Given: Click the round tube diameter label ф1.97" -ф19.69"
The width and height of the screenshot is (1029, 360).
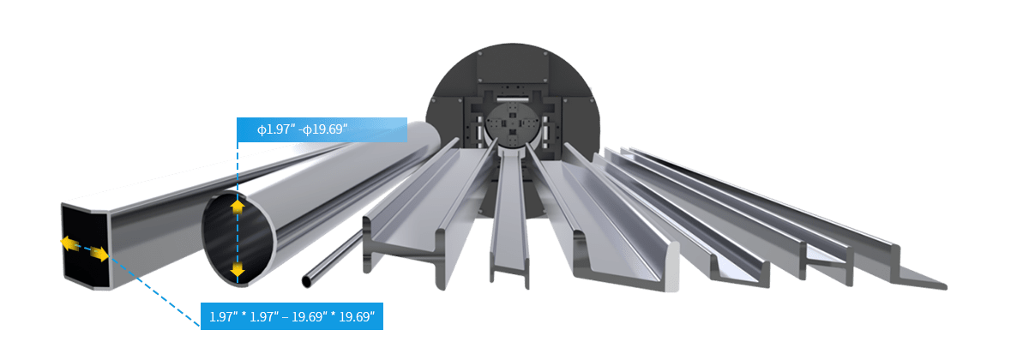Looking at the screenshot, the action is point(302,129).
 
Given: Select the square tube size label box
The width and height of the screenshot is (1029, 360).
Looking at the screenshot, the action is point(292,316).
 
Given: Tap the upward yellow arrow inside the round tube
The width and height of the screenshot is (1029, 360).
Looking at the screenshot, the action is point(237,207).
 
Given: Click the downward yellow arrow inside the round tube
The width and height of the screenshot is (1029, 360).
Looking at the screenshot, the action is point(237,270).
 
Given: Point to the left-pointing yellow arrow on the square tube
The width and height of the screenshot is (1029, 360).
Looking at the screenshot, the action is point(69,243).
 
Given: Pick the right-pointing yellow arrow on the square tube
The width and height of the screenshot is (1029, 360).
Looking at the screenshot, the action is point(99,254).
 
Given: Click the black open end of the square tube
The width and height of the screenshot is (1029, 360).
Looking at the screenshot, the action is point(86,246).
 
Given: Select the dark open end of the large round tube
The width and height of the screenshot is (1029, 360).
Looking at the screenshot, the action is point(238,239).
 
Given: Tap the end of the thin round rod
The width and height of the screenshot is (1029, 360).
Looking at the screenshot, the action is point(306,281).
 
